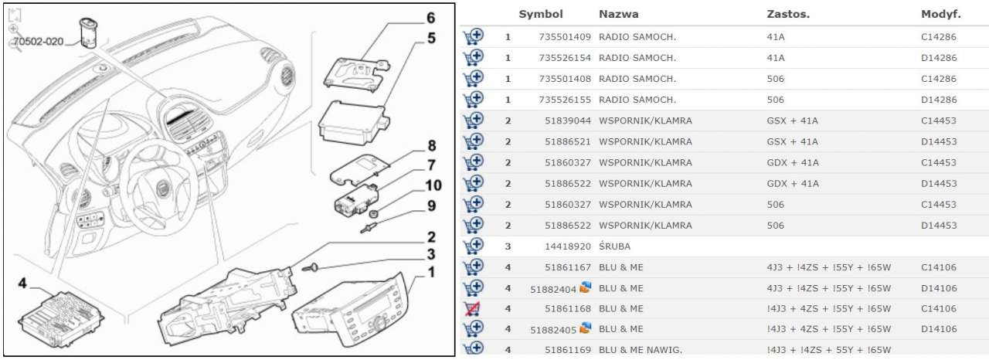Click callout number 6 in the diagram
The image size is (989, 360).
pos(430,18)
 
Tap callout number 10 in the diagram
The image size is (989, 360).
pos(433,185)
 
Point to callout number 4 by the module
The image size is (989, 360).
pos(23,284)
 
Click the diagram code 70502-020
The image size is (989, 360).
pos(38,42)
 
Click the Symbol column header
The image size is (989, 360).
pos(541,15)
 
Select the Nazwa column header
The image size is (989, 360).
pos(618,15)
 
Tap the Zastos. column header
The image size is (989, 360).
pos(788,15)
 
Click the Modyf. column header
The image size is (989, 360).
pos(940,15)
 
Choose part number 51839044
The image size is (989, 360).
pos(568,121)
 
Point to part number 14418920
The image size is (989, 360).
pos(568,246)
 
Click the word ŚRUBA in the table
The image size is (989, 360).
pos(614,246)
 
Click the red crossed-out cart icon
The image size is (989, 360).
pos(473,309)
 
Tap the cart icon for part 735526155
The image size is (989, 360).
pos(473,100)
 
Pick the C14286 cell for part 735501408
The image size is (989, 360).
pos(939,79)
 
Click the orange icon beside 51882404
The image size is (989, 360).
pos(585,287)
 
